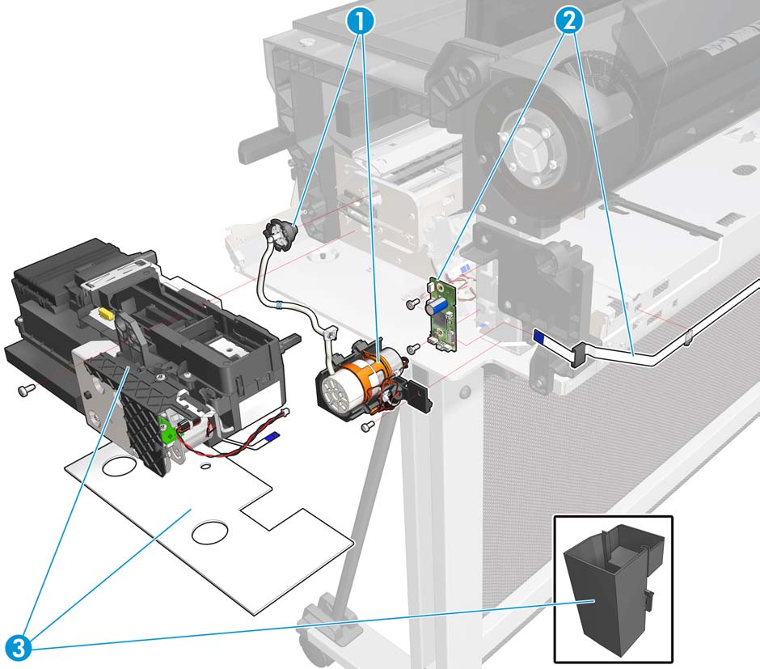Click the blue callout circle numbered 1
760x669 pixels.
coord(361,20)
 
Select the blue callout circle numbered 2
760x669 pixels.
coord(569,20)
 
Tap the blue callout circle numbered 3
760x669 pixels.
coord(19,647)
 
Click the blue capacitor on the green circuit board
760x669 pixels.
coord(435,307)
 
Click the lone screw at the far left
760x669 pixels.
coord(26,390)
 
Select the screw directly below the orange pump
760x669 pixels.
coord(369,426)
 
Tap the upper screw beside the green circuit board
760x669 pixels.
coord(413,303)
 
